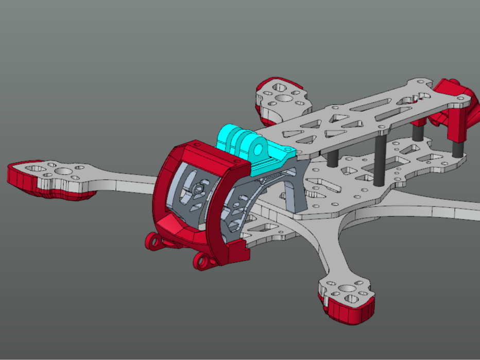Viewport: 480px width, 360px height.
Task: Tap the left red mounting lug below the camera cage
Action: click(153, 241)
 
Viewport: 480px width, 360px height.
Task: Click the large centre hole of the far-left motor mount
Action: click(63, 172)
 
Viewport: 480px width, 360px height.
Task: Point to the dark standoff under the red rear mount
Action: click(456, 147)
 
